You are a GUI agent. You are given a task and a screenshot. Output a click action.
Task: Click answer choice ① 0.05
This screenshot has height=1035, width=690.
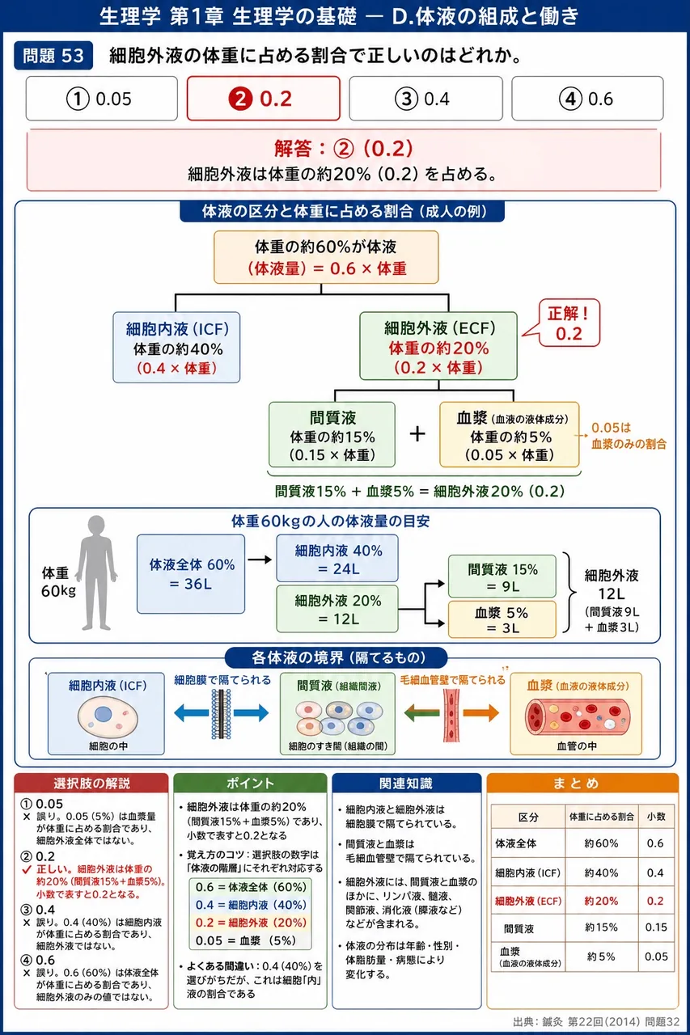click(102, 99)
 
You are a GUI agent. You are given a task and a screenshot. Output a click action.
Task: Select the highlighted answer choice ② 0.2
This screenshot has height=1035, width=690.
click(264, 99)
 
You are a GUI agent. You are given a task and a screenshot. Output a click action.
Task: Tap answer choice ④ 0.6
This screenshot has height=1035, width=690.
click(587, 99)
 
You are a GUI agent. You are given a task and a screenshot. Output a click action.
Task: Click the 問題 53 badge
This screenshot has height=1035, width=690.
click(53, 56)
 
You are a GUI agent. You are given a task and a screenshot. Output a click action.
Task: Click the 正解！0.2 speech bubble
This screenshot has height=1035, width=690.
click(569, 323)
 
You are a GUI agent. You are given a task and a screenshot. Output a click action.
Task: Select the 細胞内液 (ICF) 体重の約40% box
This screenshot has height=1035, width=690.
click(176, 348)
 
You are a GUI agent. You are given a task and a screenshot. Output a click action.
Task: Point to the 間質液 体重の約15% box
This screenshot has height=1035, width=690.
click(332, 435)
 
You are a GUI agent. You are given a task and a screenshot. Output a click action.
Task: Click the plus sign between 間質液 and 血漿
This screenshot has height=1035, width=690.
click(417, 434)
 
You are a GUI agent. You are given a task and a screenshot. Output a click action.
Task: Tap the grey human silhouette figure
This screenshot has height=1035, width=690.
click(96, 573)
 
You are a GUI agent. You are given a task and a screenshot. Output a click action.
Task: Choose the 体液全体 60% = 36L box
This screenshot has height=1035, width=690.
click(191, 574)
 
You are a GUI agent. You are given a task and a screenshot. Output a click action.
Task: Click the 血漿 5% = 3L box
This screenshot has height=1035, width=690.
click(502, 619)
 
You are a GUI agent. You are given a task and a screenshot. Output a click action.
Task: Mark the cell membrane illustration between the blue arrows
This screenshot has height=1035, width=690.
click(222, 714)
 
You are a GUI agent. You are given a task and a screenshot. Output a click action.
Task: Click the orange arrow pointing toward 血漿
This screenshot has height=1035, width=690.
click(480, 713)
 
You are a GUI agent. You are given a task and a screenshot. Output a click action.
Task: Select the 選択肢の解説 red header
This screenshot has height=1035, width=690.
click(91, 784)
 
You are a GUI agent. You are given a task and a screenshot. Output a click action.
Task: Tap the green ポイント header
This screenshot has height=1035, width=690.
click(250, 784)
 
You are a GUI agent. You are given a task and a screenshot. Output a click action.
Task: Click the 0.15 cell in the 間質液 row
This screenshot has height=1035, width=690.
click(656, 927)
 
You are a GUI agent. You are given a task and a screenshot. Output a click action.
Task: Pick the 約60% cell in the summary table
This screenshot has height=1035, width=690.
click(601, 843)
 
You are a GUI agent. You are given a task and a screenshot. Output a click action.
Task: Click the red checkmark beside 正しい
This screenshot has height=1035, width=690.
click(27, 869)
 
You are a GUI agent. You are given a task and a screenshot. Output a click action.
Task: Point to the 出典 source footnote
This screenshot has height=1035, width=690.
click(596, 1021)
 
